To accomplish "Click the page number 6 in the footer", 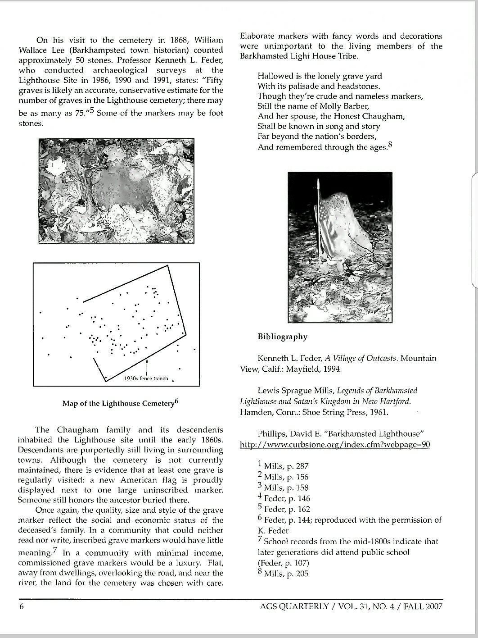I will [21, 606].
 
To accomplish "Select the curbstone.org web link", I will [335, 445].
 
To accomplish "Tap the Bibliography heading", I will [282, 337].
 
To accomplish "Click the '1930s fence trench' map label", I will [146, 378].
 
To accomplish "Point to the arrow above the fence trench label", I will [148, 366].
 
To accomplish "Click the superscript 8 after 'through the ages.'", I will [390, 145].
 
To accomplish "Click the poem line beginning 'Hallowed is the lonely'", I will [320, 76].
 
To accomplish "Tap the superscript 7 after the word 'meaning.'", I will [54, 550].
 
